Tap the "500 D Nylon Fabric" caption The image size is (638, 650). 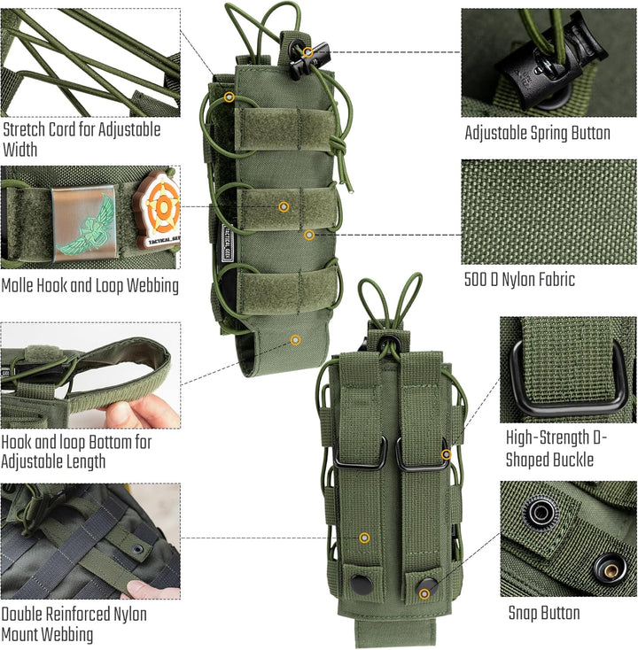click(519, 280)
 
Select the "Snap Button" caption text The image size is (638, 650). click(544, 613)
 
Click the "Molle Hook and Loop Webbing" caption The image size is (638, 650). click(89, 285)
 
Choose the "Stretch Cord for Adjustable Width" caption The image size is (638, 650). click(82, 139)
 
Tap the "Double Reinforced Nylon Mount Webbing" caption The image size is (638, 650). click(74, 623)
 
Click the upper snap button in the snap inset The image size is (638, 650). click(539, 511)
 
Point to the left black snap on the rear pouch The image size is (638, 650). click(360, 584)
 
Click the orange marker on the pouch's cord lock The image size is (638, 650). click(307, 52)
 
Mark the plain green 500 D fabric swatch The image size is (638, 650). click(548, 212)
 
